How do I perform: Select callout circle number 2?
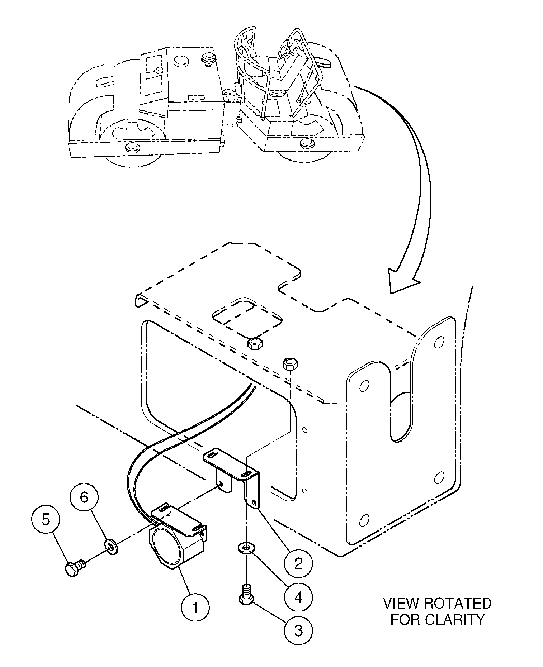pyautogui.click(x=298, y=564)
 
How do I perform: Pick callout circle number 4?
pyautogui.click(x=298, y=597)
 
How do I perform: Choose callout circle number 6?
pyautogui.click(x=84, y=497)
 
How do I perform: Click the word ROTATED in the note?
pyautogui.click(x=457, y=603)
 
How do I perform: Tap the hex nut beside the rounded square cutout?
pyautogui.click(x=255, y=344)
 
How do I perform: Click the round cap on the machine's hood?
pyautogui.click(x=181, y=61)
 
